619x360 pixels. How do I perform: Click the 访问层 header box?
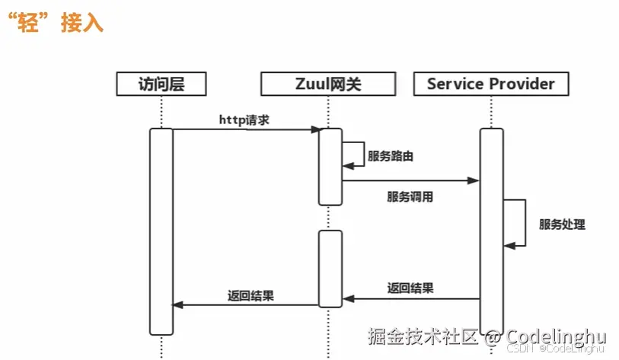[x=161, y=84]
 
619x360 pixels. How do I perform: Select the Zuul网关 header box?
[x=328, y=84]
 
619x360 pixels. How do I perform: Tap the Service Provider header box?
[x=491, y=84]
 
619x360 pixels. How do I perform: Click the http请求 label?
[x=244, y=119]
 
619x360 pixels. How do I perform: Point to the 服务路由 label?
[x=391, y=156]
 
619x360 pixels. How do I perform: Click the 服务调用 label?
[x=410, y=196]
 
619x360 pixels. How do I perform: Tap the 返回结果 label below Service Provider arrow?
[x=410, y=288]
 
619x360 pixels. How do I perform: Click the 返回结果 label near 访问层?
[x=250, y=295]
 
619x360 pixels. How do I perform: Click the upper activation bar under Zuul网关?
[x=330, y=166]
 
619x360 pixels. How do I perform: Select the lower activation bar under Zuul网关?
[x=330, y=268]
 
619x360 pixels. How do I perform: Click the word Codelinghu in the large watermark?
[x=556, y=336]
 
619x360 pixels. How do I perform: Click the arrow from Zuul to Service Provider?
[x=410, y=181]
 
